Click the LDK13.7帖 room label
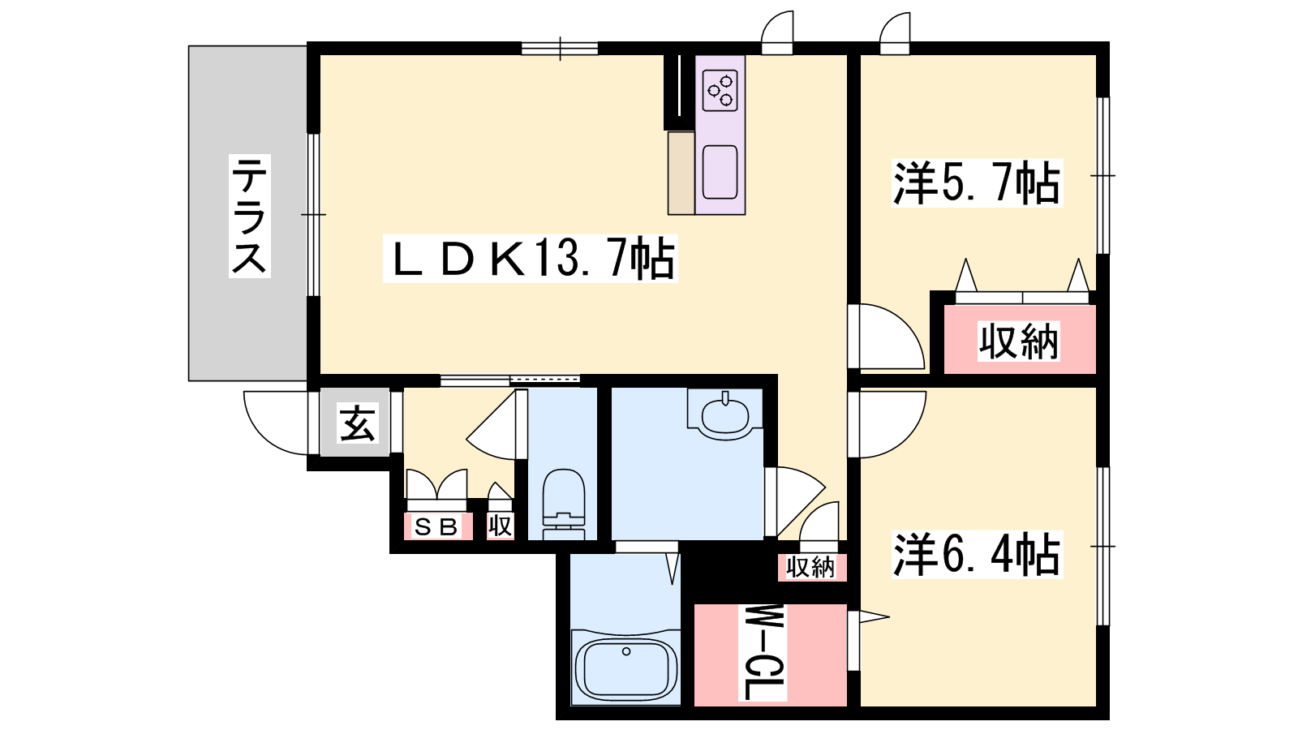point(531,259)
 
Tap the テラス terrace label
point(250,216)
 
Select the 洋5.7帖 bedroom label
point(977,182)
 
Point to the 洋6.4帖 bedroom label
point(977,555)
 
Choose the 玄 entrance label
point(356,423)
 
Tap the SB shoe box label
point(437,526)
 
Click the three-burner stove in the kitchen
point(720,90)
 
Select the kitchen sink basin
point(720,172)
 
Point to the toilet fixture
point(563,504)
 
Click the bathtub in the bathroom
point(625,670)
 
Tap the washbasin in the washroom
point(724,414)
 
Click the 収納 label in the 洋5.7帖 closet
point(1019,341)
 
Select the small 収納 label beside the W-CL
point(810,567)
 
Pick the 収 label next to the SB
point(500,526)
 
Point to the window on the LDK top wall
point(559,48)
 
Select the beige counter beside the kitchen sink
point(681,174)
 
